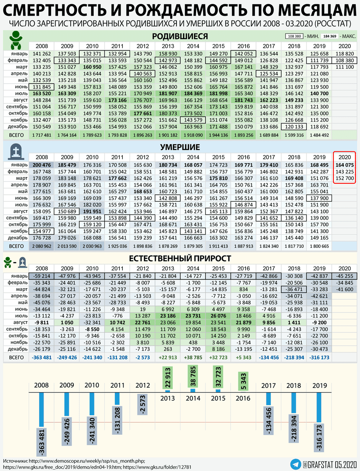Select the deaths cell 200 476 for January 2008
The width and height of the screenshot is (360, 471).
(x=42, y=164)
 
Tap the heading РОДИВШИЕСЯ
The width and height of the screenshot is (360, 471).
(x=180, y=37)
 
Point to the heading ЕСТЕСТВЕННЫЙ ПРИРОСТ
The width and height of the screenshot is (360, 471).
(x=180, y=258)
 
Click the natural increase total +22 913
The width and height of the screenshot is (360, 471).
(x=167, y=358)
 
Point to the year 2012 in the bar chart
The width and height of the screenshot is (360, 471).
(x=142, y=385)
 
